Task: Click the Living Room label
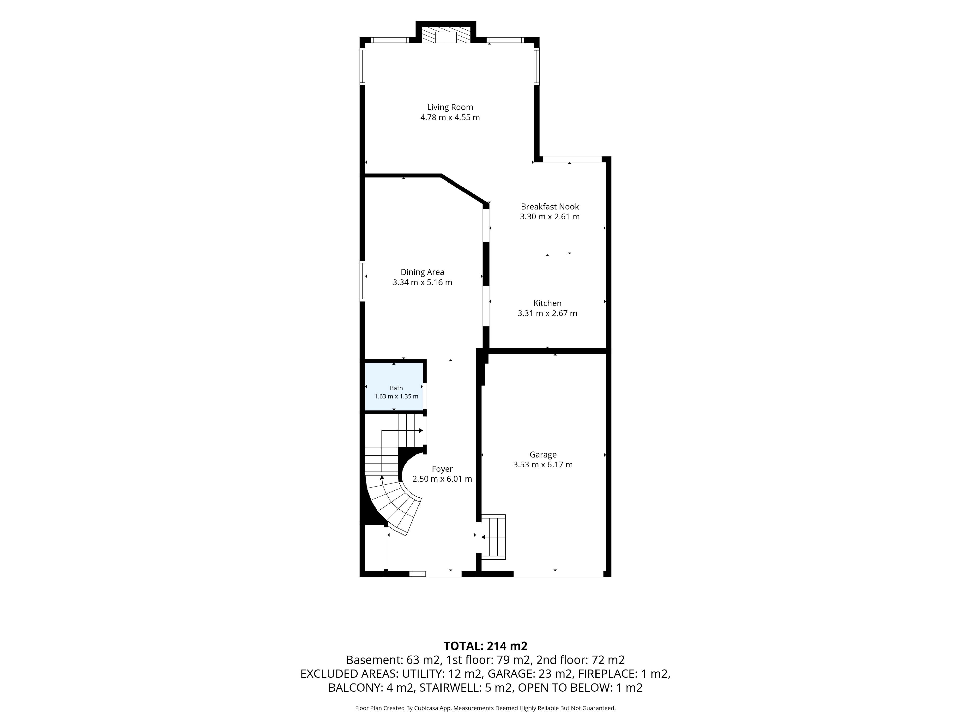[x=450, y=107]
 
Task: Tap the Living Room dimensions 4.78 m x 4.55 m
[x=450, y=118]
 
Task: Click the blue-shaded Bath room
[x=394, y=386]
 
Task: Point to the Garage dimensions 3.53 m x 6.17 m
[x=543, y=465]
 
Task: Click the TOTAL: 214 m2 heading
[x=485, y=646]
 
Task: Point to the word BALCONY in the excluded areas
[x=356, y=688]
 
